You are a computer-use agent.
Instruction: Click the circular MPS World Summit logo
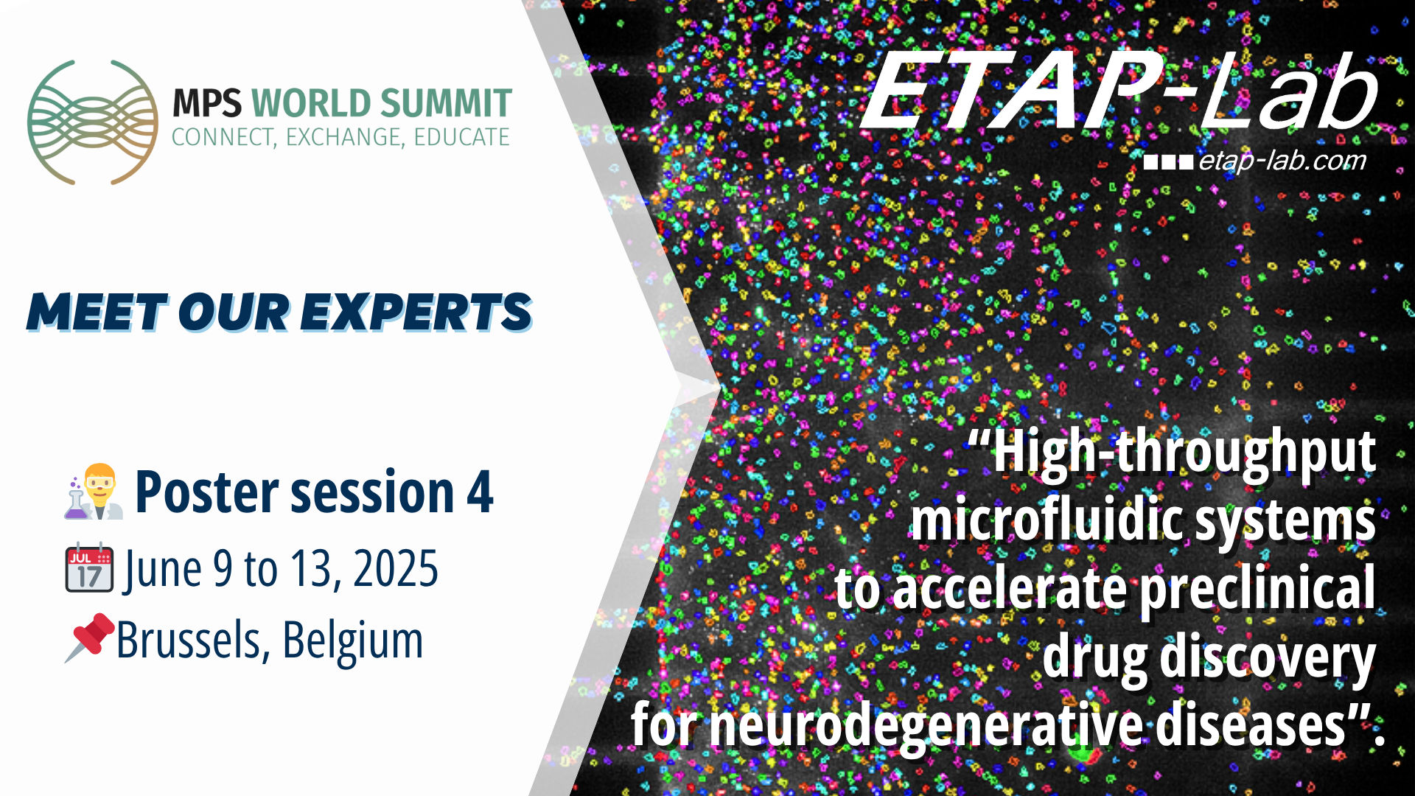click(x=93, y=122)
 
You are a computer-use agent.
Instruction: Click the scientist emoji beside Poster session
click(x=94, y=492)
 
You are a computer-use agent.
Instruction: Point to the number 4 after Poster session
click(x=480, y=492)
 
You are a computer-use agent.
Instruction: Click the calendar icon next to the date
click(x=89, y=569)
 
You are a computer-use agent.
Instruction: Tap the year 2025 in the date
click(x=396, y=569)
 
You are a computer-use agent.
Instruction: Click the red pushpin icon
click(x=90, y=637)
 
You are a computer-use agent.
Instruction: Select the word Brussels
click(x=189, y=640)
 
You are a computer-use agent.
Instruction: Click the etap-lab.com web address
click(x=1282, y=161)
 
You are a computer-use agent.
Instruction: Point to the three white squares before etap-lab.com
click(x=1168, y=162)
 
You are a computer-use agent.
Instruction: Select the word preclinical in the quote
click(x=1257, y=588)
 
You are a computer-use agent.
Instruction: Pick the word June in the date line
click(x=163, y=569)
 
